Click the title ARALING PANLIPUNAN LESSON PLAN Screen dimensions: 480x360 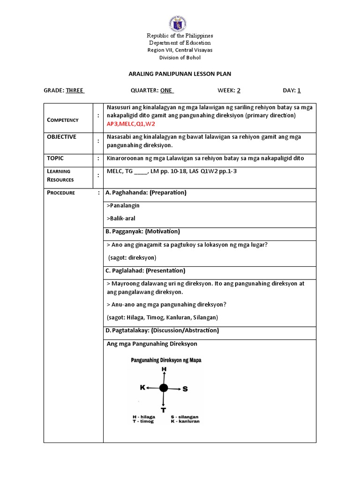180,74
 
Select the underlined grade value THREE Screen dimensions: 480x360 75,90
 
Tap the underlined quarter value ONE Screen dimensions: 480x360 166,90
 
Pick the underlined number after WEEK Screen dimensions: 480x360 239,90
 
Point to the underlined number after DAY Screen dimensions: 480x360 299,90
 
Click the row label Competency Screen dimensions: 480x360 63,120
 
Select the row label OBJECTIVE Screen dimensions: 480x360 61,137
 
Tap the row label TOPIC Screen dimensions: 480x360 55,158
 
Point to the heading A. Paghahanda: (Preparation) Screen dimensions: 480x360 146,193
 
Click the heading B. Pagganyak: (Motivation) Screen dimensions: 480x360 142,232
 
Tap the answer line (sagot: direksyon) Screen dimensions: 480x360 133,258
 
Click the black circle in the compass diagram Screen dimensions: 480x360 163,388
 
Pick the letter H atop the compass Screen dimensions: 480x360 164,369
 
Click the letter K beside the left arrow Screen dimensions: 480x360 142,388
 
